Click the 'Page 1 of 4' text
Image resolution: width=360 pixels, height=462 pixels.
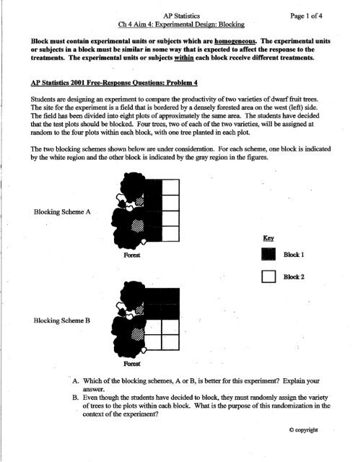pyautogui.click(x=306, y=16)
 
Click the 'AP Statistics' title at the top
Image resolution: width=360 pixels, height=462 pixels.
pyautogui.click(x=182, y=16)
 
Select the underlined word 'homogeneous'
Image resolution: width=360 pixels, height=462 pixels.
pyautogui.click(x=235, y=41)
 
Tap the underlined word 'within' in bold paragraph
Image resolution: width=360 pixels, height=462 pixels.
pyautogui.click(x=184, y=58)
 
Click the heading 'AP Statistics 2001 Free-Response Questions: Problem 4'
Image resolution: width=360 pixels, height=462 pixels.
pyautogui.click(x=114, y=82)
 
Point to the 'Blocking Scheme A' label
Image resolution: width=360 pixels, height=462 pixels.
pyautogui.click(x=62, y=212)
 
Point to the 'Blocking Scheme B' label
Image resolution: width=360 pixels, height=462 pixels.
pyautogui.click(x=62, y=321)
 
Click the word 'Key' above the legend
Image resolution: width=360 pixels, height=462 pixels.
pyautogui.click(x=268, y=238)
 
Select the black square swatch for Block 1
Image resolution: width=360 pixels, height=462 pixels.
pyautogui.click(x=268, y=254)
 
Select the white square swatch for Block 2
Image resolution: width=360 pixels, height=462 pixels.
pyautogui.click(x=268, y=276)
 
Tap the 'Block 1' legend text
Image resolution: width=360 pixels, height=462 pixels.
pyautogui.click(x=294, y=255)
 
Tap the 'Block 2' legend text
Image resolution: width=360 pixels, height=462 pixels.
pyautogui.click(x=294, y=277)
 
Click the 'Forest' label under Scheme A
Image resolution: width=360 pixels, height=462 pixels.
pyautogui.click(x=132, y=255)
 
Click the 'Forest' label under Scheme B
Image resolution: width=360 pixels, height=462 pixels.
pyautogui.click(x=132, y=364)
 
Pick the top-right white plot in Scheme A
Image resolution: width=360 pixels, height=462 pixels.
pyautogui.click(x=171, y=187)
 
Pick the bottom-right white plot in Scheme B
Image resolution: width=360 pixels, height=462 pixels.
pyautogui.click(x=171, y=342)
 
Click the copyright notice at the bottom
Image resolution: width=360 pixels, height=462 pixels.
pyautogui.click(x=303, y=430)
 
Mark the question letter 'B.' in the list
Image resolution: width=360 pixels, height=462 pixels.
pyautogui.click(x=76, y=398)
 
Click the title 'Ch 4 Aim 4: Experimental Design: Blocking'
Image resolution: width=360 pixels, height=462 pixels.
pyautogui.click(x=181, y=25)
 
